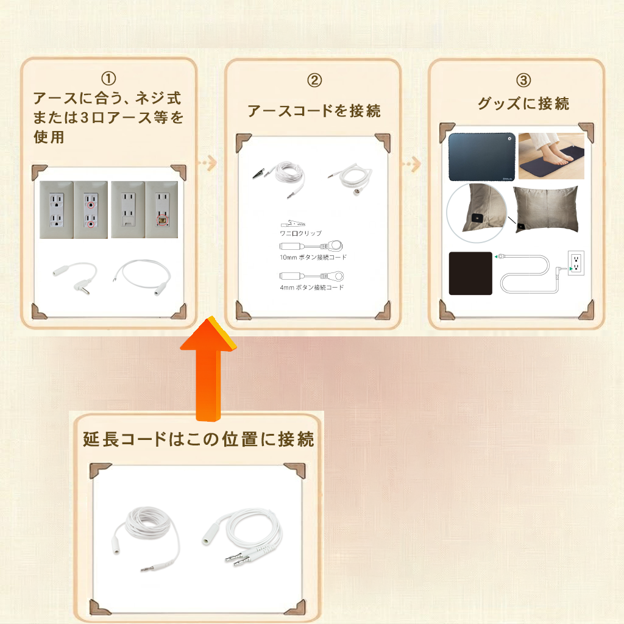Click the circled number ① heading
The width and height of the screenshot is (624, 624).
coord(108,79)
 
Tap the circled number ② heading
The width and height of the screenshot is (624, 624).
coord(314,80)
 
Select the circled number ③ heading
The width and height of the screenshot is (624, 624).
coord(523,80)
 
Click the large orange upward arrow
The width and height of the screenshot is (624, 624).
coord(208,368)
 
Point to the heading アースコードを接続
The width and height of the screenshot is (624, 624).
coord(314,111)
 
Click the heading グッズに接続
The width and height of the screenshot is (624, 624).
coord(523,104)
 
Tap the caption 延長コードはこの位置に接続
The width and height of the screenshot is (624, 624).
coord(198,439)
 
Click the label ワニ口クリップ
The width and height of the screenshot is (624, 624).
coord(300,233)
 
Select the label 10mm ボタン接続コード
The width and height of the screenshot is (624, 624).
coord(313,258)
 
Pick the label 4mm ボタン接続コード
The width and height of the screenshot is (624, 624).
coord(311,288)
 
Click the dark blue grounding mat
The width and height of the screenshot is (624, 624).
coord(482,157)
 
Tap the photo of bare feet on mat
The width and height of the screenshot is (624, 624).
coord(551,156)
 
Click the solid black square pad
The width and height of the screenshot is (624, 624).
coord(470,274)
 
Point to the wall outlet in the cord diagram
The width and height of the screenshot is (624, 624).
coord(576,263)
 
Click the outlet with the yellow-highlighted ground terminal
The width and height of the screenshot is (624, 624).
coord(161,210)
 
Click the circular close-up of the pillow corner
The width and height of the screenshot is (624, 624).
coord(477,213)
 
